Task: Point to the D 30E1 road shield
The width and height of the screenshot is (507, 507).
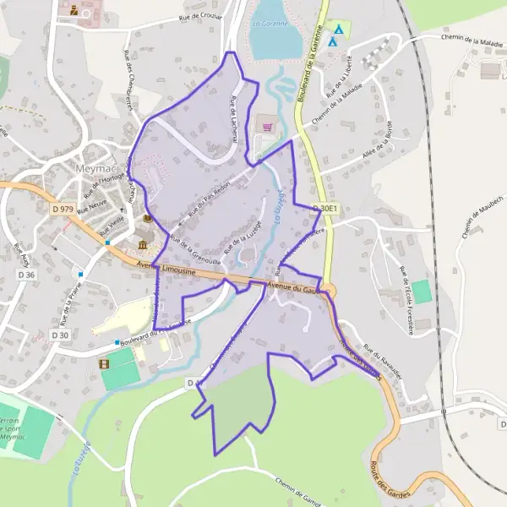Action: (x=324, y=208)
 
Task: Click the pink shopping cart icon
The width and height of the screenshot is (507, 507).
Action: (x=268, y=127)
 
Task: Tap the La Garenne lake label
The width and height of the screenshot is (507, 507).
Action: (x=270, y=25)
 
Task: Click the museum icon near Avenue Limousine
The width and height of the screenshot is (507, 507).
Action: (x=143, y=245)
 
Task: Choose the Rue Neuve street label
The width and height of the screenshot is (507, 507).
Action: (x=90, y=209)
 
